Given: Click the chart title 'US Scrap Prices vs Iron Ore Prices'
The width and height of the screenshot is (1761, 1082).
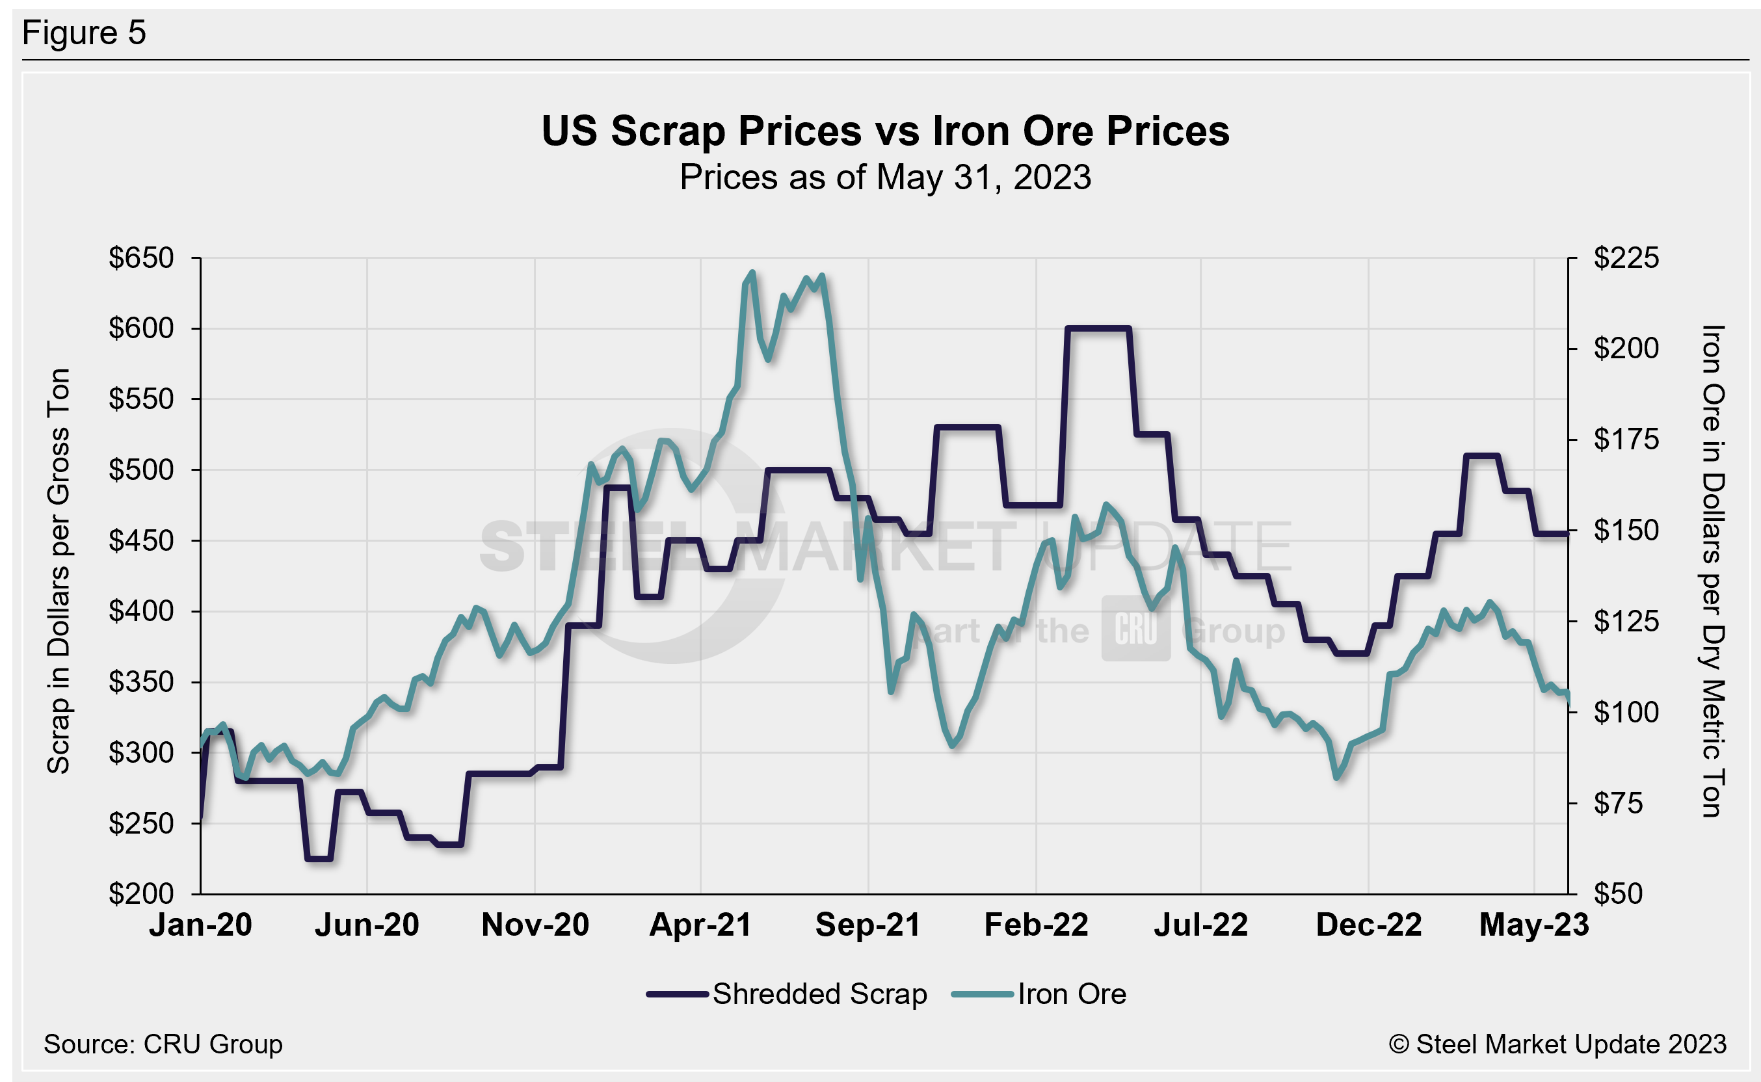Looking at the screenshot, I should coord(885,131).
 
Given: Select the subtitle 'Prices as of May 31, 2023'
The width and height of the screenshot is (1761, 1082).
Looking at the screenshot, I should coord(885,178).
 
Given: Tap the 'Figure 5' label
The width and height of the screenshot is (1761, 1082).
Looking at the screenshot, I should coord(84,33).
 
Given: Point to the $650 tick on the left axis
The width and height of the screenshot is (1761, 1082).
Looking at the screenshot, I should coord(141,257).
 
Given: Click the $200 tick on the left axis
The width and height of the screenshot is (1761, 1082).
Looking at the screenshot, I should coord(141,894).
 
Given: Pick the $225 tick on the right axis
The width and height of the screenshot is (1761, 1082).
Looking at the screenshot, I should coord(1626,257).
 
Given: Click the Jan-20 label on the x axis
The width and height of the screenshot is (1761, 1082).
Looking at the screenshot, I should coord(200,925).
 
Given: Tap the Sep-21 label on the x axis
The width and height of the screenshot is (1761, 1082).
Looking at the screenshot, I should coord(867,925).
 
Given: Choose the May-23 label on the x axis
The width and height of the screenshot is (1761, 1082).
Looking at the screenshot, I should coord(1533,925).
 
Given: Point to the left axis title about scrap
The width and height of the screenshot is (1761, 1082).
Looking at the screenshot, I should coord(59,571).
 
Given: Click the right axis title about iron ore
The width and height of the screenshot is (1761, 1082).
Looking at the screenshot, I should coord(1712,571).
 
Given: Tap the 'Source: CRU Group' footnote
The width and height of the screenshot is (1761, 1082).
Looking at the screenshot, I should coord(163,1044).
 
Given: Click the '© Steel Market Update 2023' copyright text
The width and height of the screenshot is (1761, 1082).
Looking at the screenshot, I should coord(1557,1044).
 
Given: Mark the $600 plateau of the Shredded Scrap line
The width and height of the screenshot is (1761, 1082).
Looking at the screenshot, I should coord(1098,328).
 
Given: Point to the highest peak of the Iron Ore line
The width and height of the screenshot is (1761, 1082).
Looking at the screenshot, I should coord(751,272).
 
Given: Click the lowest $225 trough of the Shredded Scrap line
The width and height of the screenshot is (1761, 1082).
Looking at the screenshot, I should coord(319,858).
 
